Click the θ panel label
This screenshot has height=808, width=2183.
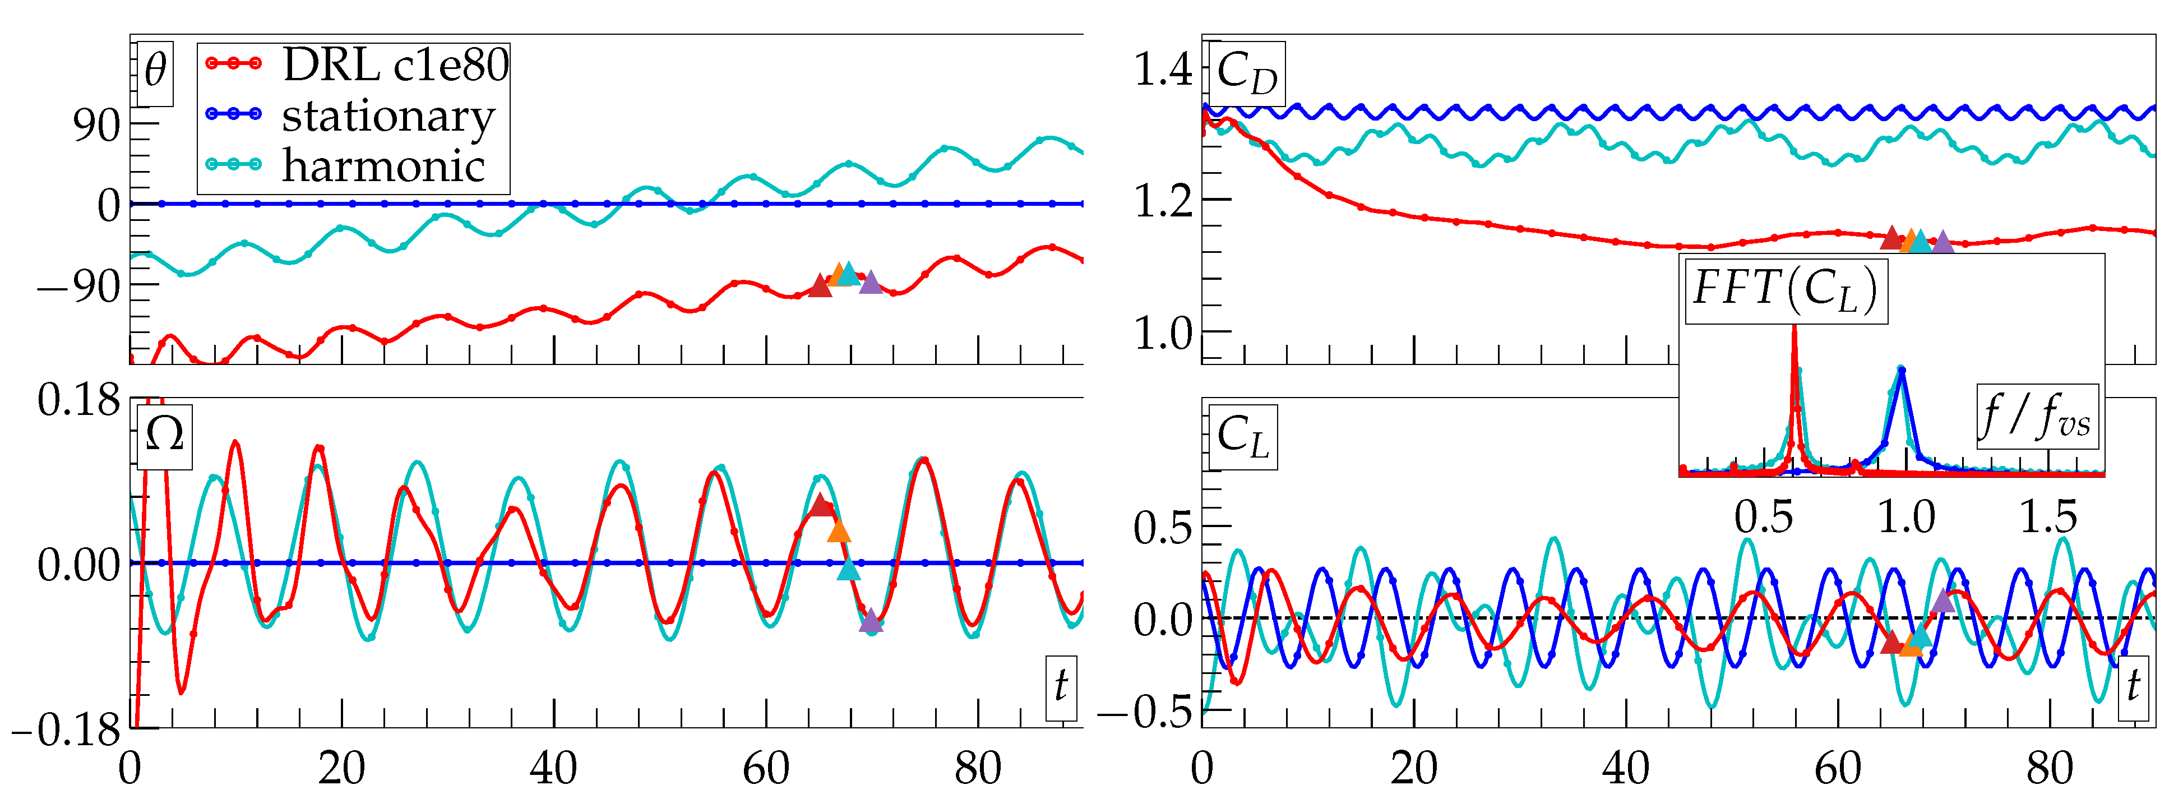(155, 71)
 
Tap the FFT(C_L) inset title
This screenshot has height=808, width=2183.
(1786, 289)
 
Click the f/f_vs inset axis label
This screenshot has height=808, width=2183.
(2036, 416)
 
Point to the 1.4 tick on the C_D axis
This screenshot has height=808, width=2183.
(1163, 70)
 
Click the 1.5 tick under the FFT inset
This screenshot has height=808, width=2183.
(2048, 517)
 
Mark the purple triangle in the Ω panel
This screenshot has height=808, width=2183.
(870, 621)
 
